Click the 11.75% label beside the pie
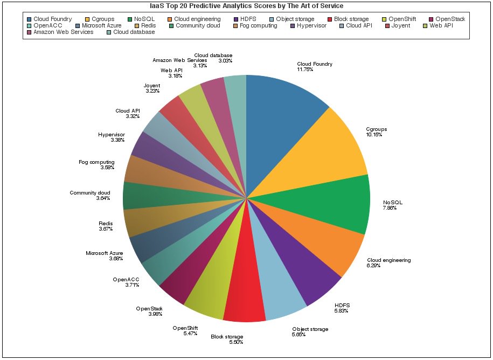(x=305, y=70)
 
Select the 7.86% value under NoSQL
(x=390, y=208)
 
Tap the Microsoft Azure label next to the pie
(x=105, y=253)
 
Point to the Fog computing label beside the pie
(x=96, y=162)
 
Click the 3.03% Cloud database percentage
(x=225, y=61)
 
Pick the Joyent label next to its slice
(x=151, y=86)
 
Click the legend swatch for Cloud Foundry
(x=29, y=19)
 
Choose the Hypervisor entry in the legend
(x=311, y=26)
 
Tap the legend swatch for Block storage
(x=330, y=19)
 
